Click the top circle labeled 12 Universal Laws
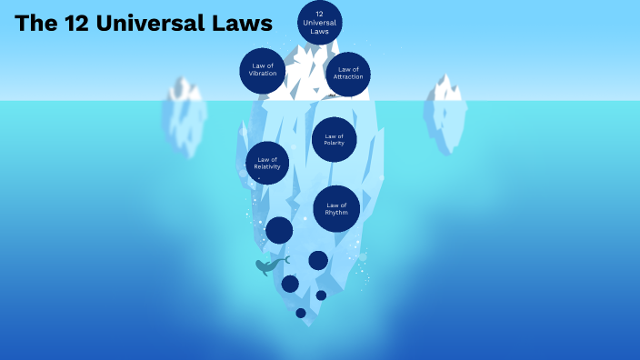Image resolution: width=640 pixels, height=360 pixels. click(320, 23)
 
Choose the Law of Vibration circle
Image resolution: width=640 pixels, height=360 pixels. click(263, 70)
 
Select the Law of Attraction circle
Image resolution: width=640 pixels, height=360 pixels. click(348, 74)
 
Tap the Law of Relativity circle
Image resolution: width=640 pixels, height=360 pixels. click(267, 164)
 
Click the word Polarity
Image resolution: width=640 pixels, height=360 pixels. click(334, 144)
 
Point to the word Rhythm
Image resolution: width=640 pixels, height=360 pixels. click(336, 213)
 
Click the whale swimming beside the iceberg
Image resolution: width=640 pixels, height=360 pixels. click(266, 266)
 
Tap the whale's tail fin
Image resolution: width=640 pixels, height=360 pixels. click(285, 260)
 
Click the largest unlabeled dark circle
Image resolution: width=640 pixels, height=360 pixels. click(279, 230)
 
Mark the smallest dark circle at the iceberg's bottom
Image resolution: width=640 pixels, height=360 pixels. click(301, 313)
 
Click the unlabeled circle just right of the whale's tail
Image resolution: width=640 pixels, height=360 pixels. click(318, 261)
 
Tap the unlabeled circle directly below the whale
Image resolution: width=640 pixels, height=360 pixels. click(290, 284)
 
